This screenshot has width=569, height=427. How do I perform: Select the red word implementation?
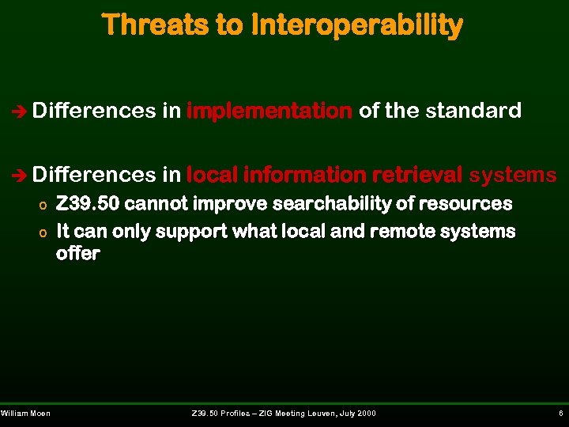[x=269, y=111]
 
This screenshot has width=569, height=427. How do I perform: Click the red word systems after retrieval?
[x=512, y=173]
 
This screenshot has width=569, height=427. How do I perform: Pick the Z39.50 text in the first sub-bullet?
[x=88, y=204]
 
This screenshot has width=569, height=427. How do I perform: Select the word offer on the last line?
[x=77, y=254]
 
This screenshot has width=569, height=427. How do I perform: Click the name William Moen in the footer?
[x=25, y=414]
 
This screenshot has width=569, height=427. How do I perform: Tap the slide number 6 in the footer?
[x=560, y=414]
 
